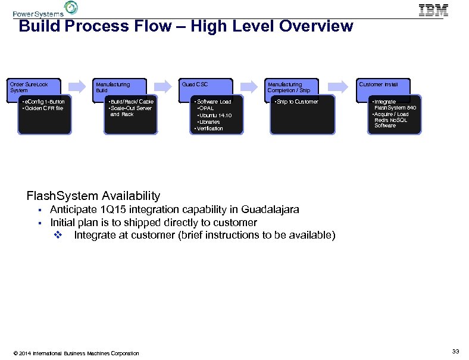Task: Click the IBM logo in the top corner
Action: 433,10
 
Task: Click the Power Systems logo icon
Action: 71,8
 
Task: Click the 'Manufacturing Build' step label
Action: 112,87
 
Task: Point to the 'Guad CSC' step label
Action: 195,84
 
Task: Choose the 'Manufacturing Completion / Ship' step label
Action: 289,87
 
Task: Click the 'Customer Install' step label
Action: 378,84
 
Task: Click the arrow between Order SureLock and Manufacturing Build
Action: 79,85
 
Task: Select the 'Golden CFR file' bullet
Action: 43,108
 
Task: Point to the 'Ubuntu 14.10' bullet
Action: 215,115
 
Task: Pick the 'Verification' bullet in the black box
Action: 209,128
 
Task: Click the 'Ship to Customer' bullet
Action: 296,102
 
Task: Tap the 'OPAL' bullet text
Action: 206,108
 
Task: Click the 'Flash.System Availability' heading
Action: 93,196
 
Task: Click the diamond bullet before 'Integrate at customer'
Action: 58,235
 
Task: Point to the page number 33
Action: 455,352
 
